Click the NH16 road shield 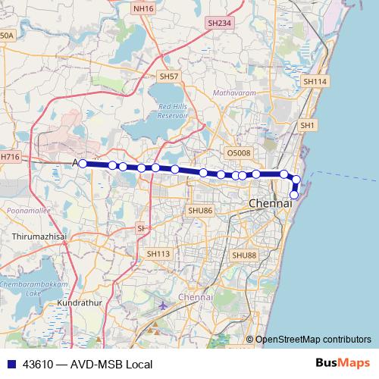coord(143,8)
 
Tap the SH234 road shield coord(219,23)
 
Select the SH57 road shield coord(168,77)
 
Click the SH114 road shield coord(314,81)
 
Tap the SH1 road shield coord(307,125)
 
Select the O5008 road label coord(238,153)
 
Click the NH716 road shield coord(9,156)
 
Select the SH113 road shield coord(158,254)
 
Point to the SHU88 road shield coord(244,255)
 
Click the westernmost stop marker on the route coord(83,162)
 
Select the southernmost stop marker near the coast coord(294,195)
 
